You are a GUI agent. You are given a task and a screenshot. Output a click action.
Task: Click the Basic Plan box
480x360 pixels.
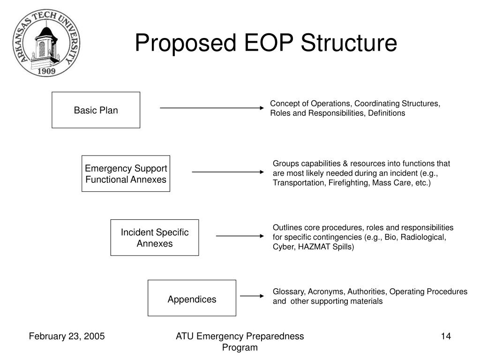coord(96,110)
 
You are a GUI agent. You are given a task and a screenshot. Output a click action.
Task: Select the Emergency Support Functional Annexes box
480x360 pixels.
coord(126,173)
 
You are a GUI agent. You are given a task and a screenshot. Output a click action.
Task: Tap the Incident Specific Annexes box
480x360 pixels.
coord(155,238)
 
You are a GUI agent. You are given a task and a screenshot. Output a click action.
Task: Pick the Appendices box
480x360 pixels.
coord(192,298)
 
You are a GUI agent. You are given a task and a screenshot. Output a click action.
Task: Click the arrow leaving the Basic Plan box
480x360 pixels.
coord(212,108)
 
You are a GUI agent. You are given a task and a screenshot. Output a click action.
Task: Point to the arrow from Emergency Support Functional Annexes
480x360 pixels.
coord(228,172)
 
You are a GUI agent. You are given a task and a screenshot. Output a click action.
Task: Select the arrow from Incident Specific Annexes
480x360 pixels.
coord(240,236)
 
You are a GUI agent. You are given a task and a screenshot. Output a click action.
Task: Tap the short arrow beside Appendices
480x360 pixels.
coord(252,296)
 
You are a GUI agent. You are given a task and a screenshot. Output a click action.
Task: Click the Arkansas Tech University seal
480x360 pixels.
coord(46,43)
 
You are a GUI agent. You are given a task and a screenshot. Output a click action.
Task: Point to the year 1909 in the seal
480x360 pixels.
coord(46,71)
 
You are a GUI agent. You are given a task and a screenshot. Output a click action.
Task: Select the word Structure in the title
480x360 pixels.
coord(349,43)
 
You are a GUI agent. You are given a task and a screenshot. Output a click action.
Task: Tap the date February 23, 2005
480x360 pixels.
coord(67,336)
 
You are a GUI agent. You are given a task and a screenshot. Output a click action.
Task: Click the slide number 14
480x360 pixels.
coord(446,336)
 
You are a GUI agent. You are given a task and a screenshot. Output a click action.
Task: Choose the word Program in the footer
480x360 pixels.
coord(240,347)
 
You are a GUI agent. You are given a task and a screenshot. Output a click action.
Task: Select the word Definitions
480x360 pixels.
coord(387,113)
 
